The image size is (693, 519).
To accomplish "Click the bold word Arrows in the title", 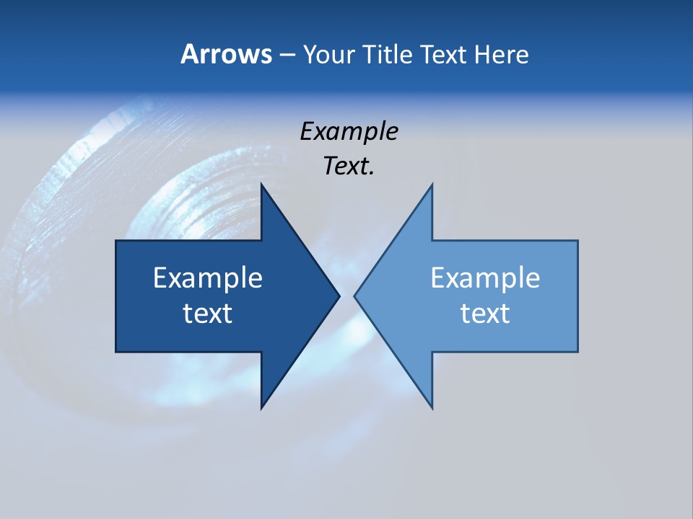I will (x=226, y=54).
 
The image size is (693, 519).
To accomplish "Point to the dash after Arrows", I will (x=287, y=55).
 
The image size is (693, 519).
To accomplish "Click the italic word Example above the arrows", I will (x=349, y=131).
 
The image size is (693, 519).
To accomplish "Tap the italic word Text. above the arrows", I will (x=349, y=167).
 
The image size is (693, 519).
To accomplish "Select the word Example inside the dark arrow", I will (x=208, y=278).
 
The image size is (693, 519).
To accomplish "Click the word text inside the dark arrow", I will (x=208, y=314).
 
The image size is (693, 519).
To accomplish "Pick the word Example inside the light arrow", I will (x=485, y=278).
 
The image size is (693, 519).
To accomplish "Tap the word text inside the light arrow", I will (x=485, y=314).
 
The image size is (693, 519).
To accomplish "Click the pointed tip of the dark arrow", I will (x=339, y=296).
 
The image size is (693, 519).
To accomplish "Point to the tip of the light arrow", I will (x=355, y=296).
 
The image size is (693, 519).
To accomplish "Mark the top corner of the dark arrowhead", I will (x=261, y=185).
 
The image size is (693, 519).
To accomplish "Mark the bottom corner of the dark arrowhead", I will (x=261, y=408).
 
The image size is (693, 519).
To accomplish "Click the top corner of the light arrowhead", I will (x=432, y=185).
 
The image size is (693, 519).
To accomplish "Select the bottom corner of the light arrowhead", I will (x=432, y=408).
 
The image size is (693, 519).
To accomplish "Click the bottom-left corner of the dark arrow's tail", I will (x=116, y=352).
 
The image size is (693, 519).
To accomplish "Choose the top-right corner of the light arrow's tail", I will (x=577, y=241).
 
